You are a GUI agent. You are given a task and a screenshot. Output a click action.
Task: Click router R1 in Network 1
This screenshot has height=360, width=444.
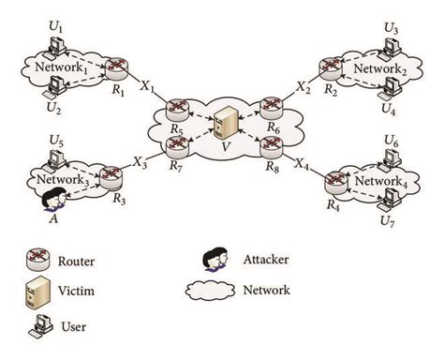115,67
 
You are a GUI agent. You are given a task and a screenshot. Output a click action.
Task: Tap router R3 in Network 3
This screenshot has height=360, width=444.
111,174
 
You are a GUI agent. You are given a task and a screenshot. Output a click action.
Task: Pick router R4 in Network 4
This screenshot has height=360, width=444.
333,179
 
